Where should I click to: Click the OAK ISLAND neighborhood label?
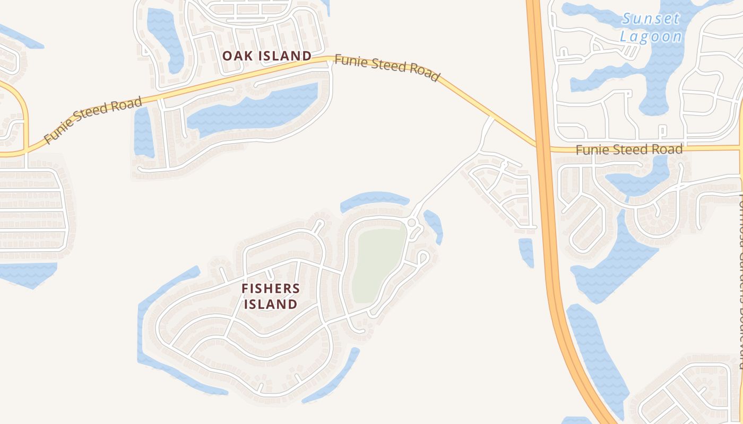coord(266,56)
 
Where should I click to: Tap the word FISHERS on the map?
coord(278,289)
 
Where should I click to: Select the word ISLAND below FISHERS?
coord(278,304)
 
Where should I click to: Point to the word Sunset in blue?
coord(651,19)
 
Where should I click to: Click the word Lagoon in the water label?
coord(651,37)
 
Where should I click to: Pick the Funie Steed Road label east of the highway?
coord(629,150)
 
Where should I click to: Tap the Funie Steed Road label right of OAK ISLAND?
coord(387,69)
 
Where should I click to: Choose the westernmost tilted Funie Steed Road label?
coord(93,120)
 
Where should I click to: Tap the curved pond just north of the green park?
coord(374,200)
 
